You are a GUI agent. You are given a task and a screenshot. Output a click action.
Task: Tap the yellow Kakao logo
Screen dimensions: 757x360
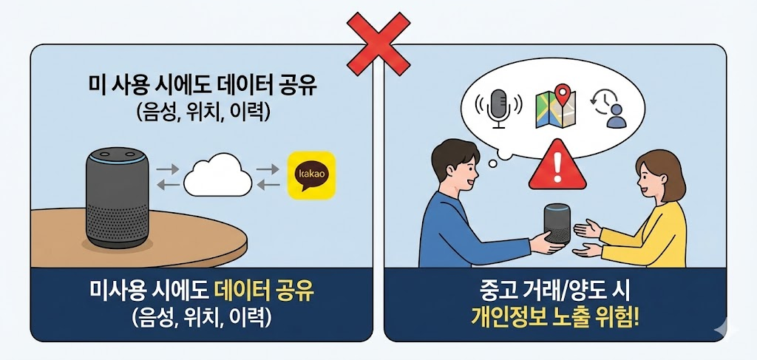[310, 176]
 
